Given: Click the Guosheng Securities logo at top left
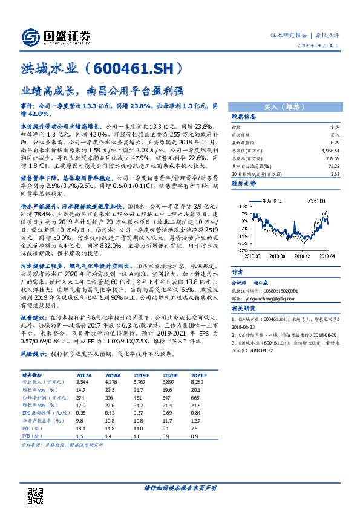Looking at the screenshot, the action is tap(57, 35).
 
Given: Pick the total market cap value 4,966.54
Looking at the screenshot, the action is tap(330, 149).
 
